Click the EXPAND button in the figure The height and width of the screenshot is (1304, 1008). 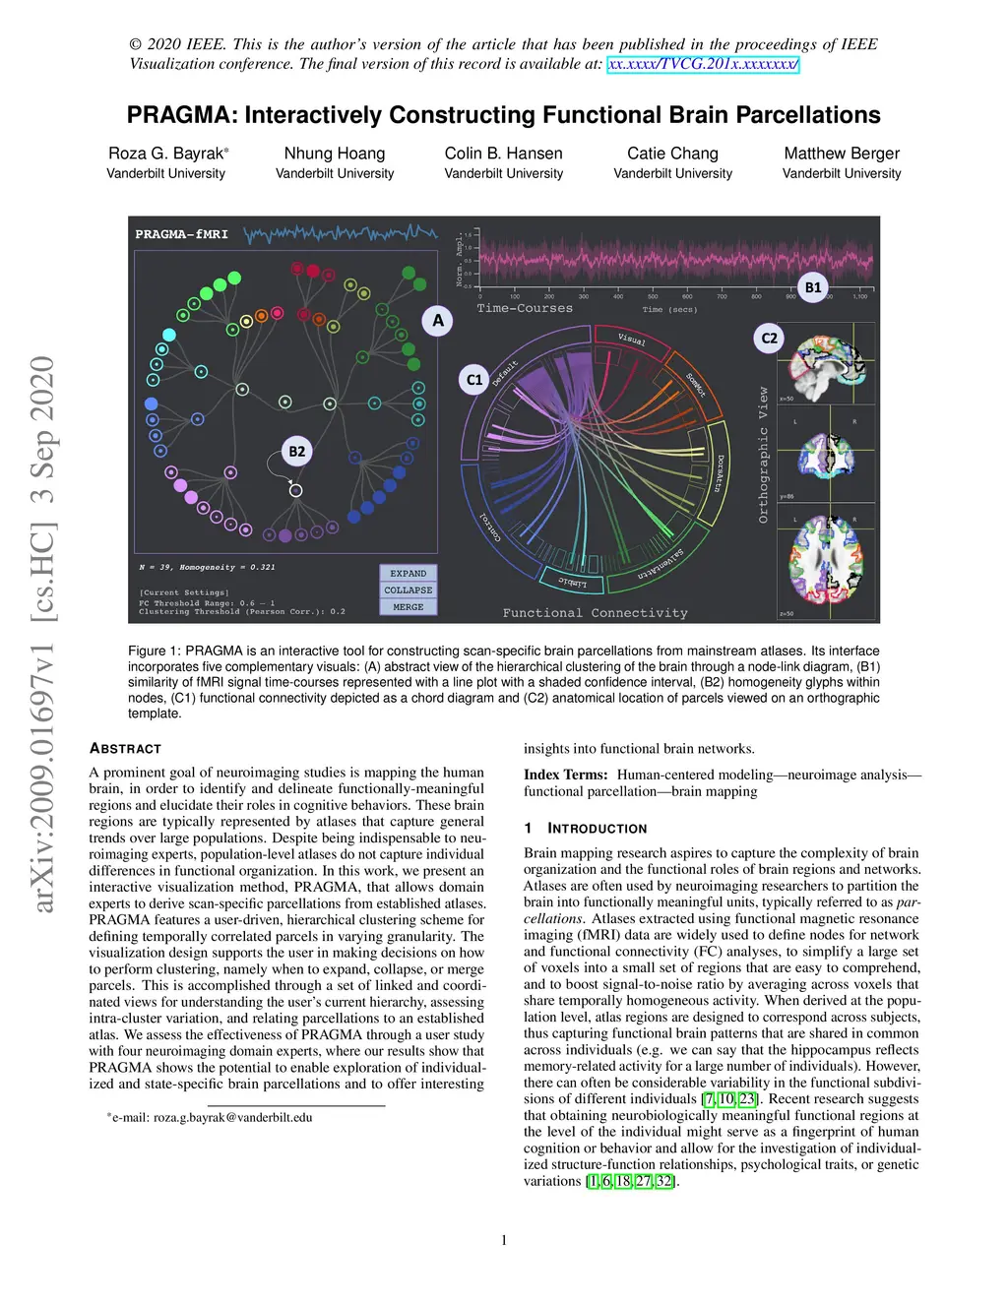[408, 573]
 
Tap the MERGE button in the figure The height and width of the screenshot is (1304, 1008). [408, 607]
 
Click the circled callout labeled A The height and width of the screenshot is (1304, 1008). [438, 321]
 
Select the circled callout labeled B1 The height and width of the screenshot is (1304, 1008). [813, 287]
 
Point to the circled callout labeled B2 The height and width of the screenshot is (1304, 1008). [296, 452]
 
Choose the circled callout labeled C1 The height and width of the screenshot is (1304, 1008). [474, 380]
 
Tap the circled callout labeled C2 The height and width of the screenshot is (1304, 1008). [769, 338]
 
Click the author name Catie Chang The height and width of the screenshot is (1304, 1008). [672, 154]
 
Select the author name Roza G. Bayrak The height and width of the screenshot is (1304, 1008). [166, 154]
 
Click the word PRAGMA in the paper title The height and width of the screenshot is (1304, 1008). [180, 115]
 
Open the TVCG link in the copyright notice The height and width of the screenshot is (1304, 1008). [703, 64]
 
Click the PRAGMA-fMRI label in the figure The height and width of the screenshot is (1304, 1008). [181, 234]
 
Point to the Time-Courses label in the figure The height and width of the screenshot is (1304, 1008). [525, 308]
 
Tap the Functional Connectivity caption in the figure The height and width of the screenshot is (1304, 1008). [595, 613]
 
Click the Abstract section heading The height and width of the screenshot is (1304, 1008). [125, 749]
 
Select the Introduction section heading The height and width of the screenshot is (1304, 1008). [597, 829]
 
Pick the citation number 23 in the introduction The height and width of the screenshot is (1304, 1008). [747, 1099]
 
